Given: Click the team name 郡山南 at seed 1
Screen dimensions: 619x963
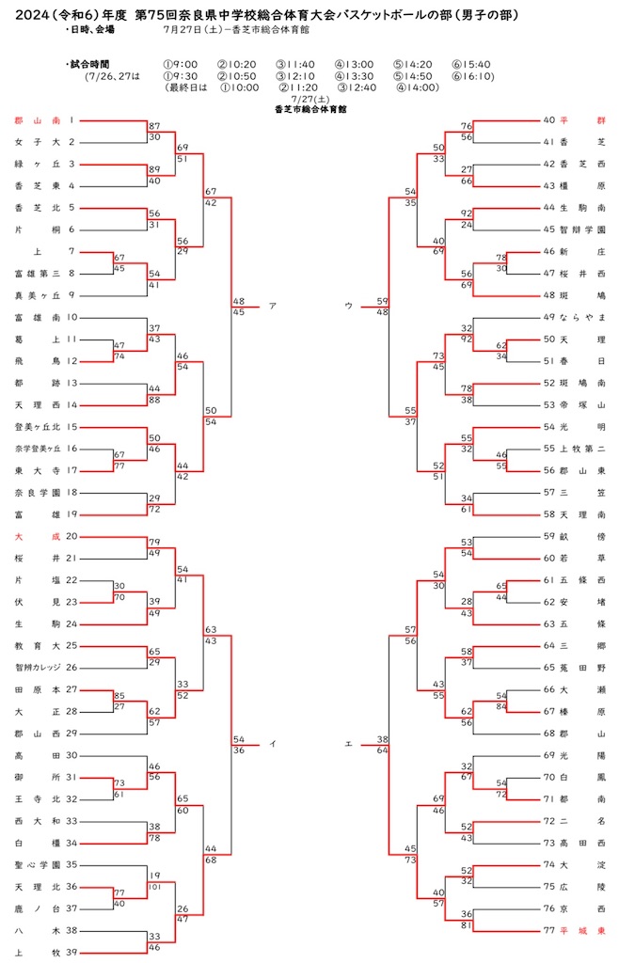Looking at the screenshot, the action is (38, 121).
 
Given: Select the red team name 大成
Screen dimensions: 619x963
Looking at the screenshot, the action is (38, 536).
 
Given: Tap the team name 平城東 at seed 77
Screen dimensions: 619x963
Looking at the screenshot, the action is (582, 931).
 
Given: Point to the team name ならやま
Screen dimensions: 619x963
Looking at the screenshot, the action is (582, 318).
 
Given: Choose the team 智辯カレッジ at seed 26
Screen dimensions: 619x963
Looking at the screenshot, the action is (38, 668).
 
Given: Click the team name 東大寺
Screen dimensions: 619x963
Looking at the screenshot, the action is (38, 471).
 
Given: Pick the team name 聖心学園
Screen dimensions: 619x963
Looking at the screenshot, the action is (38, 865).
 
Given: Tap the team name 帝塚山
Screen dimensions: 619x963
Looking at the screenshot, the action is (582, 405).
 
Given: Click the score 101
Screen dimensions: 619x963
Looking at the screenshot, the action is (154, 887).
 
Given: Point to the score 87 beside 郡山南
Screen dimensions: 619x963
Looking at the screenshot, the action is (154, 126).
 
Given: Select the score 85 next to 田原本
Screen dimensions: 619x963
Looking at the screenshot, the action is (119, 696).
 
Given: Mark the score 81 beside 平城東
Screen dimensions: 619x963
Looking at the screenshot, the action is (467, 925).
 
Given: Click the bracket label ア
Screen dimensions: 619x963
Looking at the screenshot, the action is (273, 306).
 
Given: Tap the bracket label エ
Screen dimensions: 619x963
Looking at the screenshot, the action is (348, 745).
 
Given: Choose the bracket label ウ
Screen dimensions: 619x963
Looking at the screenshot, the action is (348, 306).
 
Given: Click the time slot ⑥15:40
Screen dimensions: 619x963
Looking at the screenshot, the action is (471, 65).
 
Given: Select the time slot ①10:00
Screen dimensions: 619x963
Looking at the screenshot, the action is (240, 87).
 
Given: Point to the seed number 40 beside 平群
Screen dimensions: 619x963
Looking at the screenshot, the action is (549, 120).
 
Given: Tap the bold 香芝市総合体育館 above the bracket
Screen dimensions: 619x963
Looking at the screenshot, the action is (310, 109).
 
